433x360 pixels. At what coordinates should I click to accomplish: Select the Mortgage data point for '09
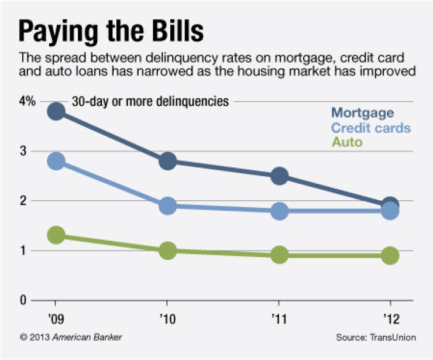click(x=56, y=112)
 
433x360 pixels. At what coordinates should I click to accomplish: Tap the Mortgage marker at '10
click(x=167, y=161)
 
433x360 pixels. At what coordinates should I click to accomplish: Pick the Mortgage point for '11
click(x=279, y=176)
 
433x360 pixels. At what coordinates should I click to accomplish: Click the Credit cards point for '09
click(x=56, y=162)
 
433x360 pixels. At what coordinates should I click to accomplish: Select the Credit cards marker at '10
click(x=167, y=206)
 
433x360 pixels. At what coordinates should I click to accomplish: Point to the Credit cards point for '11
click(x=279, y=211)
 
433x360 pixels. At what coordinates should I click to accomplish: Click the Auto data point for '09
click(x=56, y=235)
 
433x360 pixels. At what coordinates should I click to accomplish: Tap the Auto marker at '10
click(x=167, y=251)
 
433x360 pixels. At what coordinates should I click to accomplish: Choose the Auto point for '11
click(x=279, y=255)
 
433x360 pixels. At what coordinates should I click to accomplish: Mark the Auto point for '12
click(x=390, y=255)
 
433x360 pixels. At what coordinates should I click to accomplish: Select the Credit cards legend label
click(x=370, y=128)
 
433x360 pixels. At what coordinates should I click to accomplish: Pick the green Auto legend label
click(x=347, y=142)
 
